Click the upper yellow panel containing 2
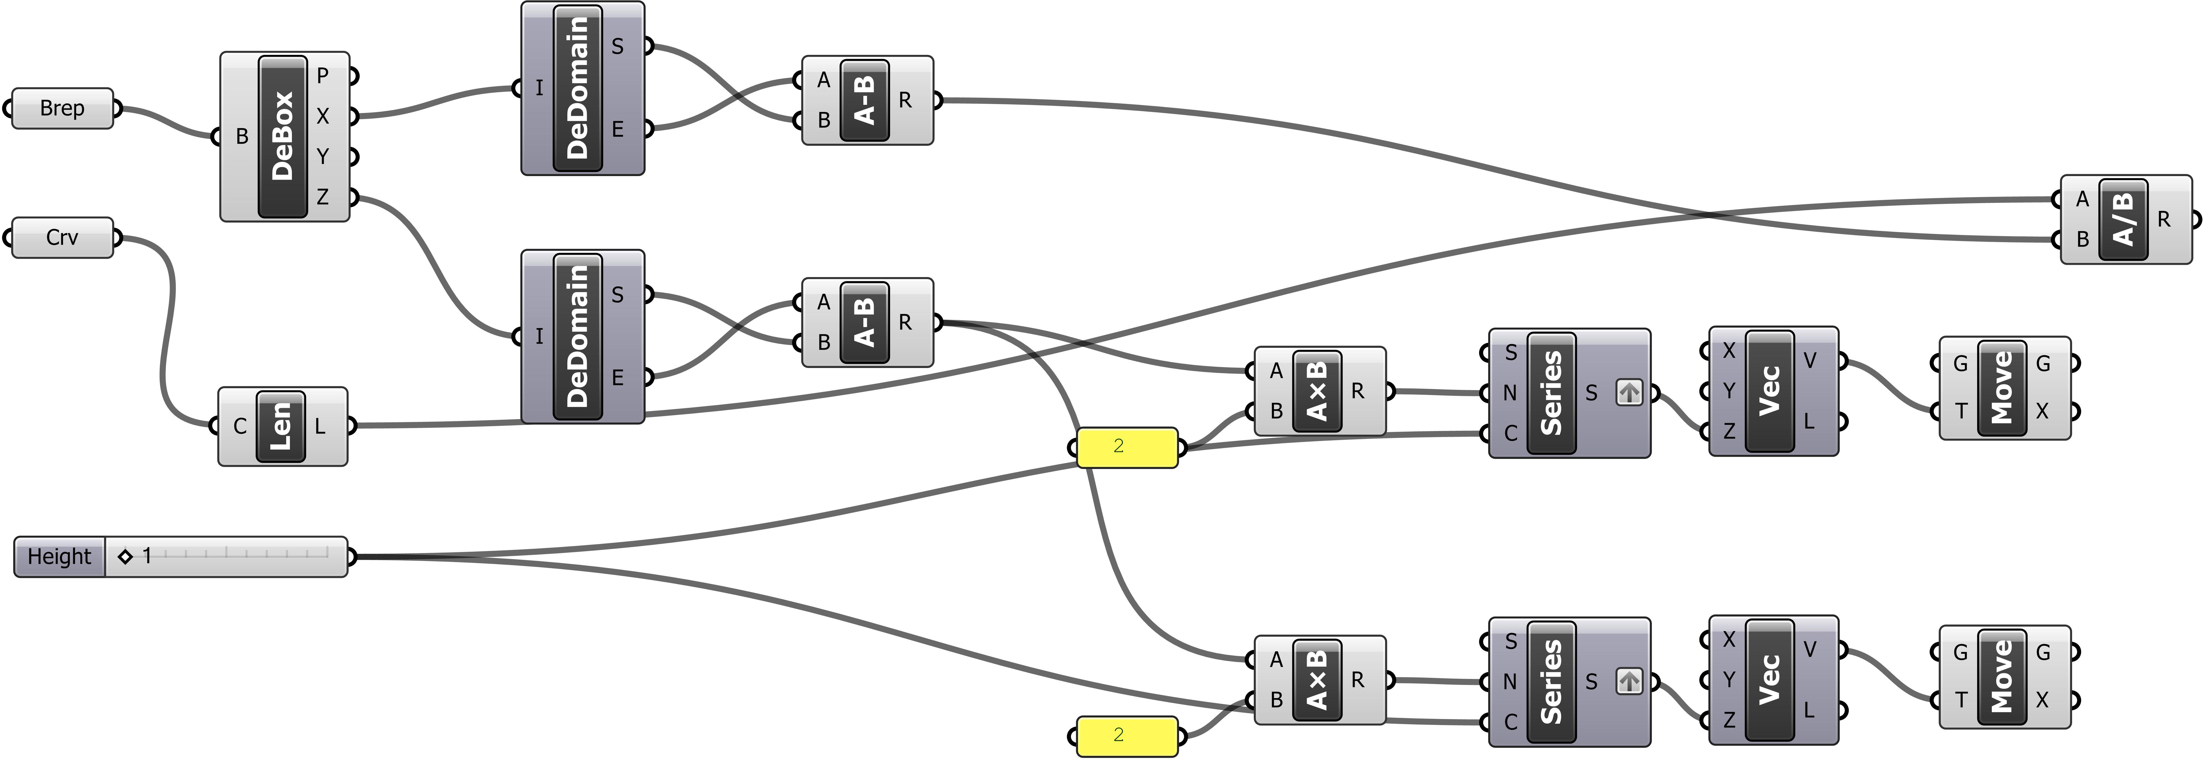(1127, 447)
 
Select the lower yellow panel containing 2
(1127, 735)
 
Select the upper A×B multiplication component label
(1318, 391)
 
